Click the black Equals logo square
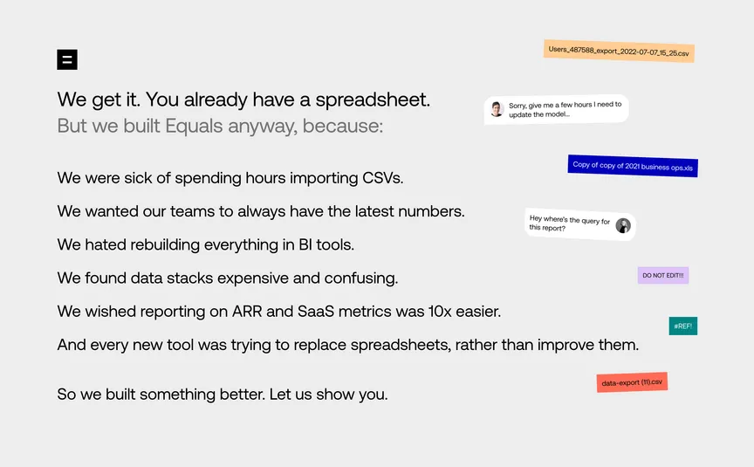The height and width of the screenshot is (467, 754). pos(67,59)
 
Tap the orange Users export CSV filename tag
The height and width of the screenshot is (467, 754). pos(619,51)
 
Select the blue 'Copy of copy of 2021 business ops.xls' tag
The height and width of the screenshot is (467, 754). pos(633,166)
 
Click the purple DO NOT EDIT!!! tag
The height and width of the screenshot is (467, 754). pos(663,275)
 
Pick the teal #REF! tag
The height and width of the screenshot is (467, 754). pos(682,326)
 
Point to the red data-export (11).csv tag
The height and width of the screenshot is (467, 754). pos(632,382)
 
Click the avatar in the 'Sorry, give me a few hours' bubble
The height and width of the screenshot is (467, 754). pos(497,109)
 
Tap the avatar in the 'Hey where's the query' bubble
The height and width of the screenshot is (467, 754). pos(623,225)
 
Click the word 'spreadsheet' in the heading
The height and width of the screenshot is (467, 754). pos(371,100)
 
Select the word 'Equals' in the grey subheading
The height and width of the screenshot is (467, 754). pos(194,126)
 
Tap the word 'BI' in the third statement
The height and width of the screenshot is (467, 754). pos(305,244)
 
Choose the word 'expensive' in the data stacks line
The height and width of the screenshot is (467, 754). pos(253,278)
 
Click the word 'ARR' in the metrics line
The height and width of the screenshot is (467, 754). pos(247,312)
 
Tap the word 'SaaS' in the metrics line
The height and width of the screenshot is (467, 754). pos(316,312)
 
